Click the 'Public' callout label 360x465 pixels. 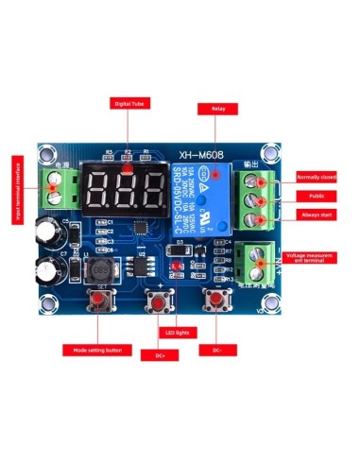[x=315, y=196]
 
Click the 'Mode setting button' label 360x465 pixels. [x=94, y=351]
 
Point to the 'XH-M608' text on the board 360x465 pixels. [x=206, y=150]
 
